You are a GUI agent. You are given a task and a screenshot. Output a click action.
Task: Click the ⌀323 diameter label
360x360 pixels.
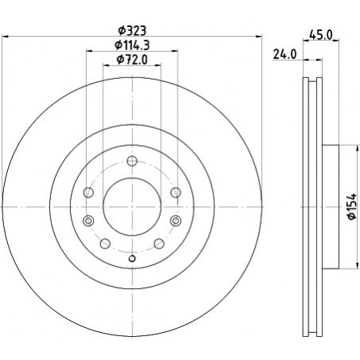point(132,31)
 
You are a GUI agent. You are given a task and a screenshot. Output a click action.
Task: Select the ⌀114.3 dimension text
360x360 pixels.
point(132,45)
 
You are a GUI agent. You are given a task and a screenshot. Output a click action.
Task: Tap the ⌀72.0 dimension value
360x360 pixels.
point(132,60)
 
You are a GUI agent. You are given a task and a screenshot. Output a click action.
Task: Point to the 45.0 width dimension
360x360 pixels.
point(321,35)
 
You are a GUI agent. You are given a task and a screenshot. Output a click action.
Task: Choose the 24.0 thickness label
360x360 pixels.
point(285,54)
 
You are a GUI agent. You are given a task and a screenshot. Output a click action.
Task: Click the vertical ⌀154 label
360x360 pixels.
point(352,207)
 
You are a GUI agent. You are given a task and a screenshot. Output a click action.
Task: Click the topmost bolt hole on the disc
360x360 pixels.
point(132,161)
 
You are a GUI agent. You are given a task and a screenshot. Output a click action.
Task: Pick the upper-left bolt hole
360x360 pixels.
point(88,193)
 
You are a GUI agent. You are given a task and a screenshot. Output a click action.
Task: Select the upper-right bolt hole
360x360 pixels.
point(176,193)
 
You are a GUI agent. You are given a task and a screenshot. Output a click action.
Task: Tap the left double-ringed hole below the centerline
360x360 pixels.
point(88,221)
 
